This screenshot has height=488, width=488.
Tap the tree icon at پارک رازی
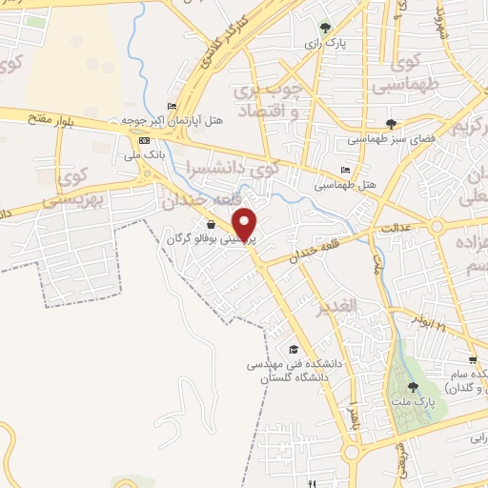coord(325,28)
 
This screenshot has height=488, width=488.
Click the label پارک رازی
coord(323,44)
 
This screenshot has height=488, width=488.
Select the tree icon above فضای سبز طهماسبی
coord(391,123)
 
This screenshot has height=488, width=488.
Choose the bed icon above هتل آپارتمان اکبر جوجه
coord(172,106)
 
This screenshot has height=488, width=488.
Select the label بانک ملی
coord(150,152)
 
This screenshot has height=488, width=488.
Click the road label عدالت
coord(395,229)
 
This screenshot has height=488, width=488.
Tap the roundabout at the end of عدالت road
coord(438,226)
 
